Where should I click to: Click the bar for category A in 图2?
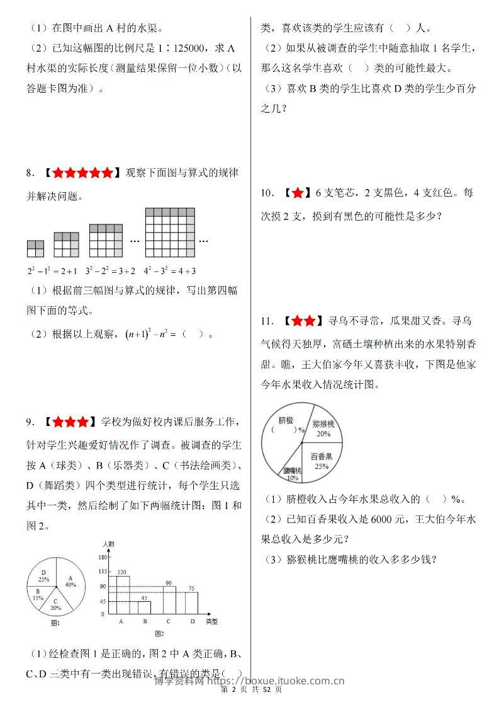123,595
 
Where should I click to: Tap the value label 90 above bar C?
169,582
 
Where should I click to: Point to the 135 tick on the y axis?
101,572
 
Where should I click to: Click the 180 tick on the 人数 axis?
101,558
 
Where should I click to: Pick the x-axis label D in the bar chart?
192,621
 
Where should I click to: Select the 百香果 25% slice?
322,459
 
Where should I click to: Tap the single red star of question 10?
298,193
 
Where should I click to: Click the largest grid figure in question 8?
170,233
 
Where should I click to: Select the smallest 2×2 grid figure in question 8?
35,248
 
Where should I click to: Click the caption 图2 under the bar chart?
159,633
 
